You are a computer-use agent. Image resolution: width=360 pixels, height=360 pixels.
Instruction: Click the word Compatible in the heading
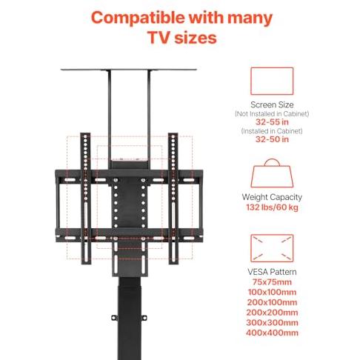click(138, 19)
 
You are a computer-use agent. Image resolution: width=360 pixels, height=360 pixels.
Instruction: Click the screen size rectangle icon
click(272, 81)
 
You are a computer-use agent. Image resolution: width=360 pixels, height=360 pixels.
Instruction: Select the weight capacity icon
click(272, 173)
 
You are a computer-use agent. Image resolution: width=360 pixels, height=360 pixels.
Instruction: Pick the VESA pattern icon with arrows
click(272, 248)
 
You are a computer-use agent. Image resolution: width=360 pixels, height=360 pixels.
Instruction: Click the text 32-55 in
click(272, 121)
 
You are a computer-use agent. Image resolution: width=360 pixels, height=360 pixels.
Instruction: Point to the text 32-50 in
click(272, 139)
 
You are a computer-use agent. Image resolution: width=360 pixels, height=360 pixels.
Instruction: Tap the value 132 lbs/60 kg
click(272, 207)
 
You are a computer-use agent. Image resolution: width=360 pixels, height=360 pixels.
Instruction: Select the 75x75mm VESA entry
click(272, 282)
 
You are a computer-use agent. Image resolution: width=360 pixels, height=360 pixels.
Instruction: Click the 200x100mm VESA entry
click(272, 302)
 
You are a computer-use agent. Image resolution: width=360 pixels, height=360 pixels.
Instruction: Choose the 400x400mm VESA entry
click(272, 333)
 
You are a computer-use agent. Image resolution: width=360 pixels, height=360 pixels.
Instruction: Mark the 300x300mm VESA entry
click(272, 322)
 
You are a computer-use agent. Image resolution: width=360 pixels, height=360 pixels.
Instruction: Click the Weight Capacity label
click(272, 197)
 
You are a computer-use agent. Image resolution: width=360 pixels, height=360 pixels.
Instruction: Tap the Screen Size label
click(272, 104)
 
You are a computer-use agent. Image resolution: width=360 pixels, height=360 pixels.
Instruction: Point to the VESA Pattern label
click(272, 272)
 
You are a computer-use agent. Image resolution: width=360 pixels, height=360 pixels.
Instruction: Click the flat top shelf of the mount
click(128, 70)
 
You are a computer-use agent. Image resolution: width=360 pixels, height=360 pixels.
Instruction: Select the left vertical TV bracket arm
click(85, 199)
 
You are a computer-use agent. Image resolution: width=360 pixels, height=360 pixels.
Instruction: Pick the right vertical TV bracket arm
click(173, 199)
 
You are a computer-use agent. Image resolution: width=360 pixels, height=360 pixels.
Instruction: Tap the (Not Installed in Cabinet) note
click(272, 114)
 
